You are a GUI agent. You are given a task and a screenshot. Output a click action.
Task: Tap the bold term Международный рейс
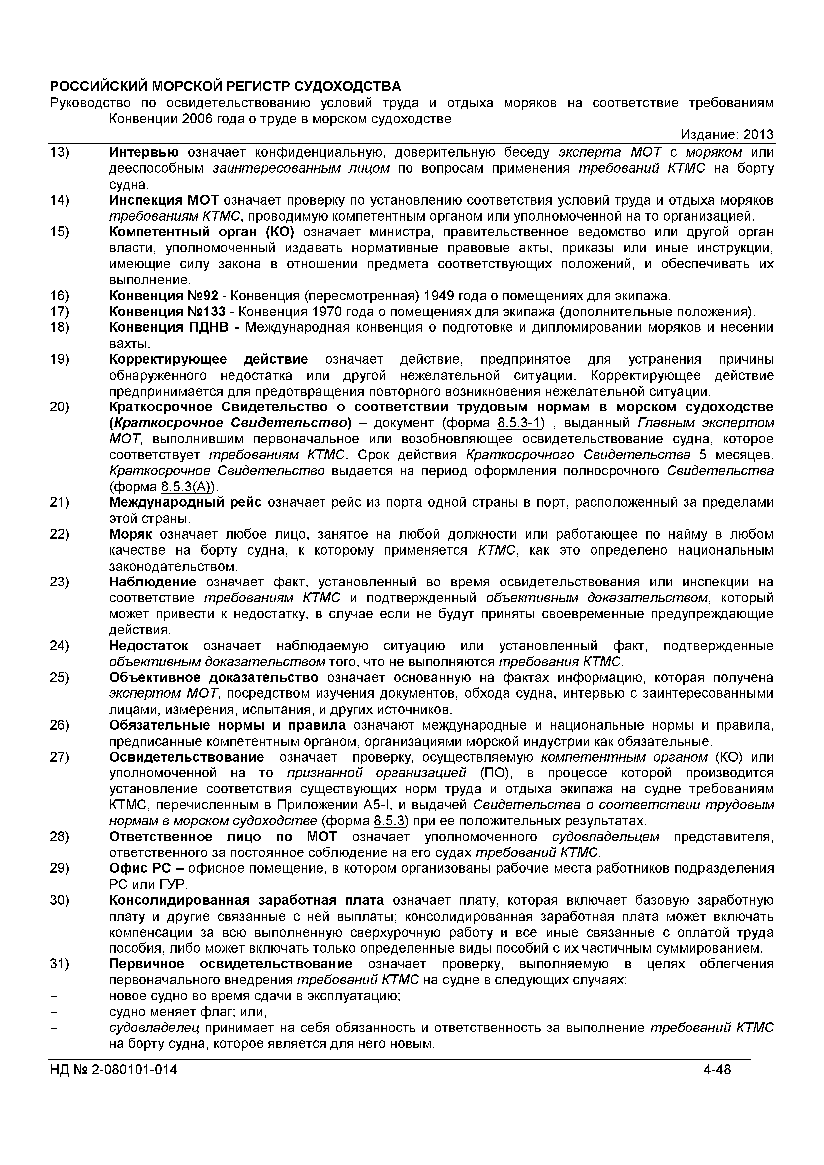(x=185, y=503)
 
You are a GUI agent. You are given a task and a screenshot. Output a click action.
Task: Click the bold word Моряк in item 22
(x=131, y=535)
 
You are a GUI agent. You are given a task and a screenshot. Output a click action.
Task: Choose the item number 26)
(x=59, y=726)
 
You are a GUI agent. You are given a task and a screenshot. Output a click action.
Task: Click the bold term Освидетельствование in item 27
(x=186, y=758)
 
